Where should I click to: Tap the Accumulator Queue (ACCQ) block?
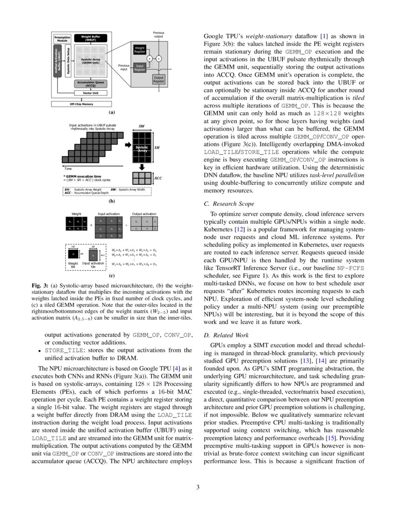91,84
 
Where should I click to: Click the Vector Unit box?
91,93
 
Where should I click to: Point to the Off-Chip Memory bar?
82,104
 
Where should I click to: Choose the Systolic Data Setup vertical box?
68,62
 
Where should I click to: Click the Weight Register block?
140,50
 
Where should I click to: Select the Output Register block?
159,80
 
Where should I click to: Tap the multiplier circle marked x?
150,59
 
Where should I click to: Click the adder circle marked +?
158,59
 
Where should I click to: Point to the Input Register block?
139,68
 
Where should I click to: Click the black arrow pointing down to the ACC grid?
143,166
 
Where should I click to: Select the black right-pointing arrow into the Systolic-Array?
128,145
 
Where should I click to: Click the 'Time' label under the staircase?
68,168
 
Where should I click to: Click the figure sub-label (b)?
111,202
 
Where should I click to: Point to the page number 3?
198,487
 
